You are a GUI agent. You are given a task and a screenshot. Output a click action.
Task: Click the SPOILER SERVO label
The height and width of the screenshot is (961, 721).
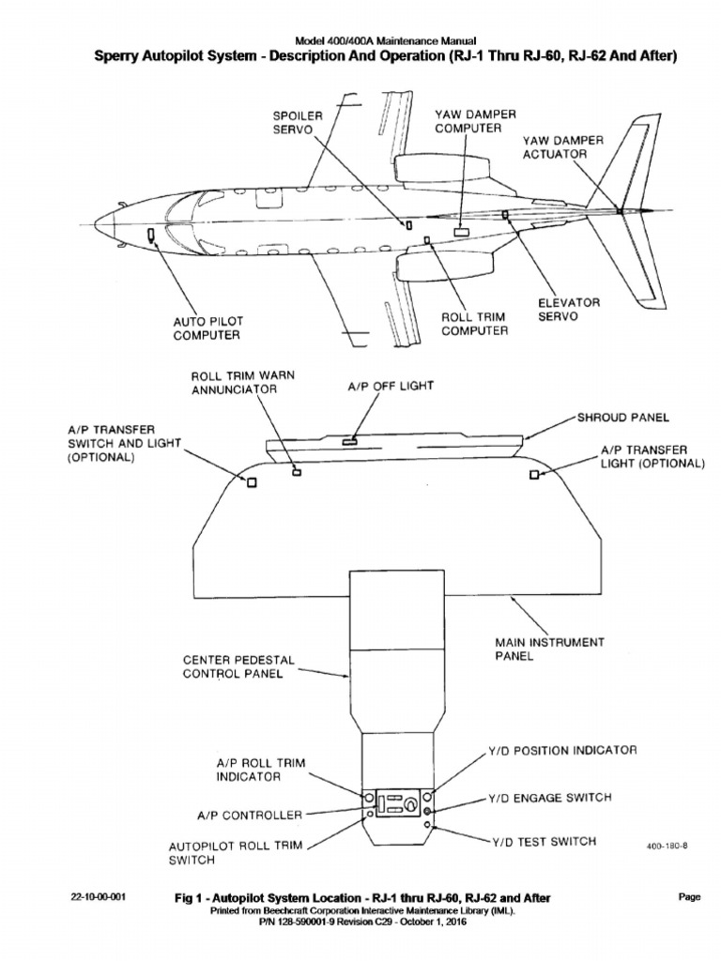pos(298,121)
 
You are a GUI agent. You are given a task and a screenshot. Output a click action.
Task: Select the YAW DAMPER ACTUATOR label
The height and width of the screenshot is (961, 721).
pos(563,146)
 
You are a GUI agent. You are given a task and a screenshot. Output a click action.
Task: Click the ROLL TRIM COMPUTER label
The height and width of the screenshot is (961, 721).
pos(475,324)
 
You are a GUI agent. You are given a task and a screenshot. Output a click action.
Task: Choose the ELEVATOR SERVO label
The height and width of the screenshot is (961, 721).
pos(568,310)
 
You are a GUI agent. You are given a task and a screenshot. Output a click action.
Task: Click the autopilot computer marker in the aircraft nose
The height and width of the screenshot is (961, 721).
pos(151,235)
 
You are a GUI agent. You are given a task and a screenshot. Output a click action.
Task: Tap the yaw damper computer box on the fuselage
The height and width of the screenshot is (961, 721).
pos(462,230)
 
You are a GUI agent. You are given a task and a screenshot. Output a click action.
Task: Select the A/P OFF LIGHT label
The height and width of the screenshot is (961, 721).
pos(379,385)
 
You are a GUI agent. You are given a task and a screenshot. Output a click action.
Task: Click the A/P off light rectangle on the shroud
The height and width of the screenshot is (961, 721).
pos(349,439)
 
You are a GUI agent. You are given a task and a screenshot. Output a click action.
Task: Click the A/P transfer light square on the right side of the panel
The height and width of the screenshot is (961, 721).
pos(534,476)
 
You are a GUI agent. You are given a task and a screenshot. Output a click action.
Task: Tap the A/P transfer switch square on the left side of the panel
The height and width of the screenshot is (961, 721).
pos(252,482)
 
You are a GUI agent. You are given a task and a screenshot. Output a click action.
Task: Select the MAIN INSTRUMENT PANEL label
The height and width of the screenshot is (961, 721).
pos(550,648)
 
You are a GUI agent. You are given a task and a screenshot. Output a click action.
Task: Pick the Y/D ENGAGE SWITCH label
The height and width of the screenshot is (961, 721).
pos(549,798)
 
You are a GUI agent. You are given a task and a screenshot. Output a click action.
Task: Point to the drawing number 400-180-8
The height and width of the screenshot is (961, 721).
pos(667,845)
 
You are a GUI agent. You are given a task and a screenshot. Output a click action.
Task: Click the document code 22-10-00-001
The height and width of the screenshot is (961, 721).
pos(99,897)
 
